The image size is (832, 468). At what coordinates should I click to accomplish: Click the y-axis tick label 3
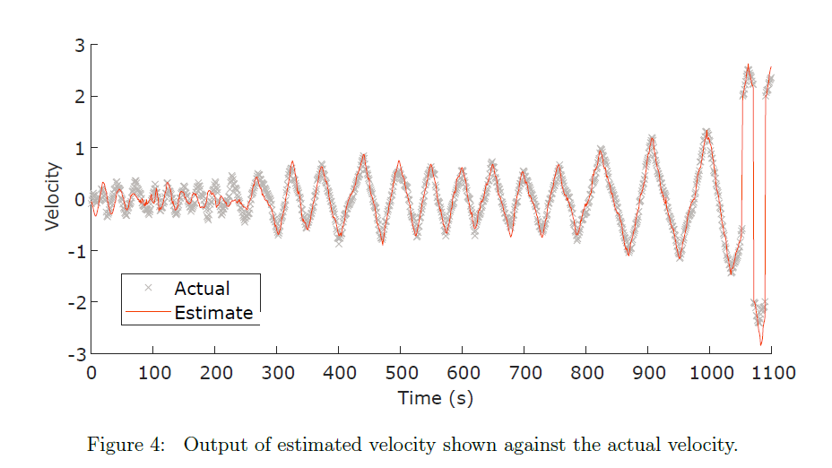point(80,46)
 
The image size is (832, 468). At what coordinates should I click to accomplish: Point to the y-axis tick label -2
point(76,303)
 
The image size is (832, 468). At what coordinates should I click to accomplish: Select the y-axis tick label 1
point(80,149)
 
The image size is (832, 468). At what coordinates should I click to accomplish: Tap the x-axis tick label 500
point(401,373)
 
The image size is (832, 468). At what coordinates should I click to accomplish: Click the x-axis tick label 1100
point(773,373)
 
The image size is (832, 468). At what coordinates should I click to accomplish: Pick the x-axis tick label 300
point(278,373)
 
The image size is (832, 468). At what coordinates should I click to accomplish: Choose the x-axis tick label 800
point(587,373)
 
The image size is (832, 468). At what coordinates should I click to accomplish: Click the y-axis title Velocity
point(53,196)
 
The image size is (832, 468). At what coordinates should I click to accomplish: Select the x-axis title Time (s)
point(436,398)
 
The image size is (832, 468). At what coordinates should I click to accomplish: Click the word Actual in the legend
point(202,289)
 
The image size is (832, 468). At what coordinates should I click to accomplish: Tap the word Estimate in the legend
point(214,313)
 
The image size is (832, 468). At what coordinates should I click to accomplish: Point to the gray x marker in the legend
point(149,288)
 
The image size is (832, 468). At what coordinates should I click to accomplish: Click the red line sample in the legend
point(149,312)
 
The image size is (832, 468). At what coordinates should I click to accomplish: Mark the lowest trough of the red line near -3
point(761,345)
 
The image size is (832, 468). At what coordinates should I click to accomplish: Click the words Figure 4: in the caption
point(126,445)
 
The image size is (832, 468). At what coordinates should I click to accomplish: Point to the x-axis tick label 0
point(91,373)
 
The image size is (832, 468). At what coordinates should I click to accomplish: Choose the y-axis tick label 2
point(80,97)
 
